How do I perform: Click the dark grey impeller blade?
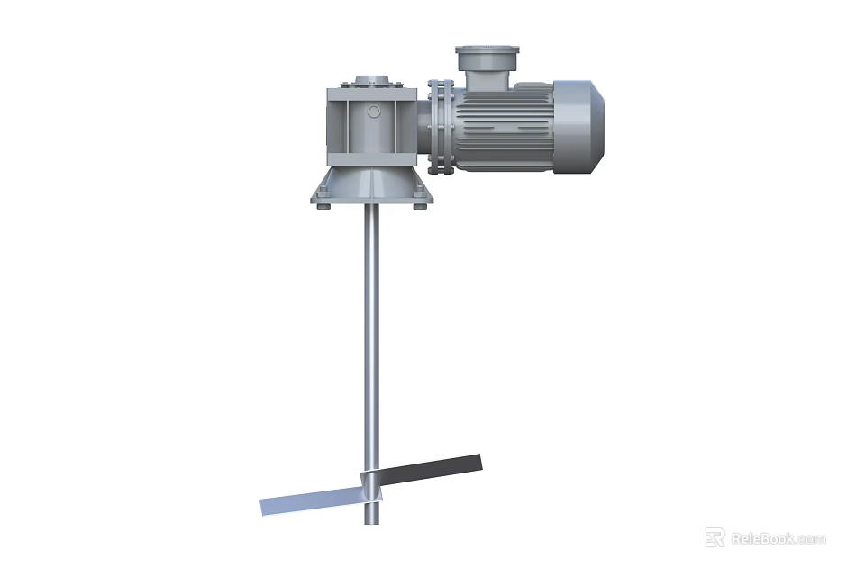[x=432, y=471]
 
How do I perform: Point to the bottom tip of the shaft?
[x=371, y=520]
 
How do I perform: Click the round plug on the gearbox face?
[x=374, y=112]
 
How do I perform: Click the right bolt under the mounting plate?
[x=419, y=208]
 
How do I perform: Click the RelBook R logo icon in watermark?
[x=715, y=537]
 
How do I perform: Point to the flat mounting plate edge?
[x=371, y=200]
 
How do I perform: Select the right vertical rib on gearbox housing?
[x=400, y=126]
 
